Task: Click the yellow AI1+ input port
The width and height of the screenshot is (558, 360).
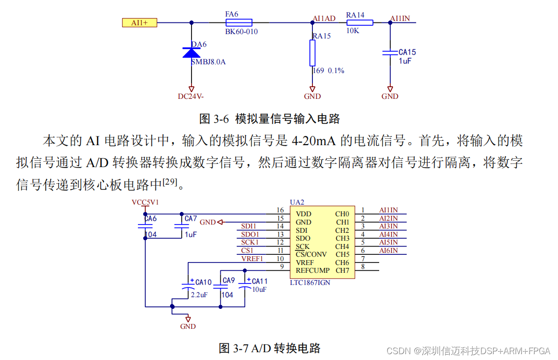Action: pos(139,22)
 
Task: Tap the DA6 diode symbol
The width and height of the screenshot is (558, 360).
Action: pos(191,53)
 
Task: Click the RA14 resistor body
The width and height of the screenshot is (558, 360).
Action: pos(360,22)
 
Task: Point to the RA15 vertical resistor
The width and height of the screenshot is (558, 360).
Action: pos(312,53)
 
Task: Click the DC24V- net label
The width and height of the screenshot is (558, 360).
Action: pos(191,96)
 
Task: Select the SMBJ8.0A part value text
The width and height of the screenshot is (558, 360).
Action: pos(208,62)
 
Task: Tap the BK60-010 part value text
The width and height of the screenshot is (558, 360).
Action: pos(241,32)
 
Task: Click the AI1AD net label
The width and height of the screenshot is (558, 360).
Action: pos(324,19)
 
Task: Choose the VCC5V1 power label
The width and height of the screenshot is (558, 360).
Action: pos(145,202)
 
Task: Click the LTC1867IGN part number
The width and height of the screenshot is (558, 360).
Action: pos(310,283)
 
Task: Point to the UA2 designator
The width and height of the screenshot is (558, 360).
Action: pos(297,202)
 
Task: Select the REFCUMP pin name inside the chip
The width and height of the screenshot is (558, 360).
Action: pos(312,270)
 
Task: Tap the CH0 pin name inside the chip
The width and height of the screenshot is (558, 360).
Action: pos(342,214)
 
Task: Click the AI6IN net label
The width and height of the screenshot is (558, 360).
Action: pos(388,250)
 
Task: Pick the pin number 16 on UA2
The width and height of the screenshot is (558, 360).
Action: pos(280,210)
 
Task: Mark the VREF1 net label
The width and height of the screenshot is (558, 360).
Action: pos(252,259)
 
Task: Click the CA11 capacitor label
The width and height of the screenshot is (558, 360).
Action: pos(260,281)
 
